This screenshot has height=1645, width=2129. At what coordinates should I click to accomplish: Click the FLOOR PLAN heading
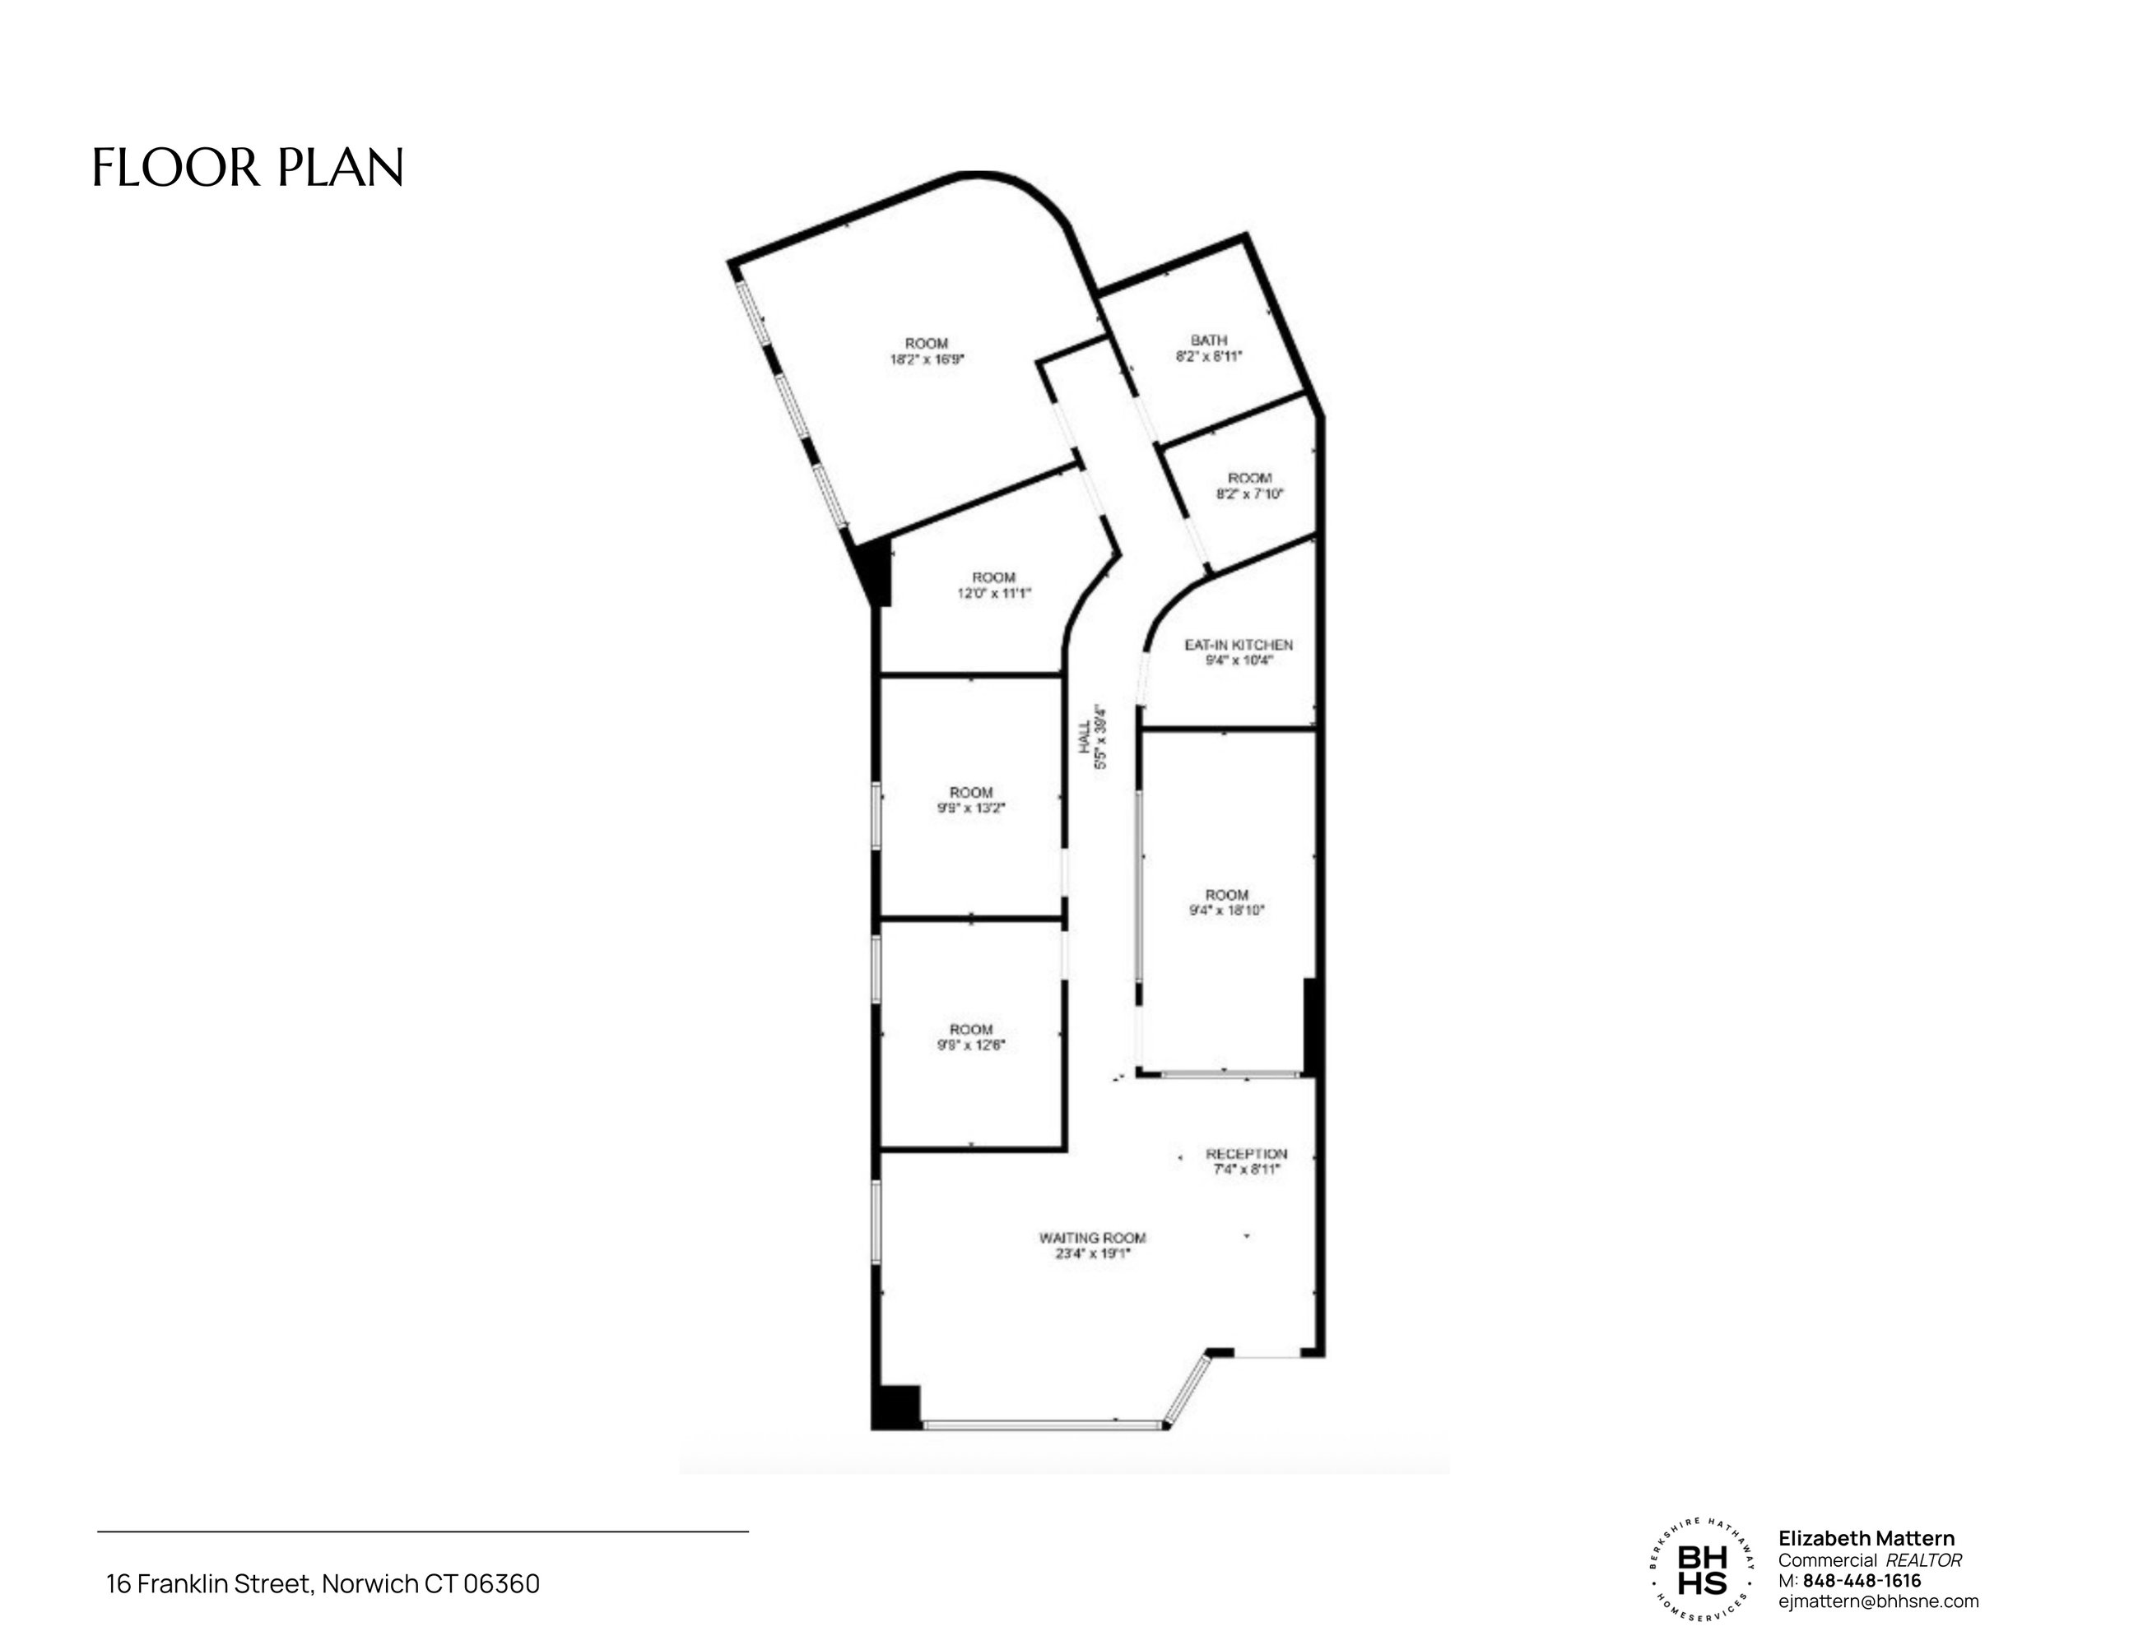pos(248,168)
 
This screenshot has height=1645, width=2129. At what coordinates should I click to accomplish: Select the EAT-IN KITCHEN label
pos(1238,645)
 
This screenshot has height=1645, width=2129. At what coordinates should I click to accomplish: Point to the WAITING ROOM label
pos(1092,1238)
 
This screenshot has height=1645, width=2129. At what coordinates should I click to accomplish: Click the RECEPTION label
pos(1247,1154)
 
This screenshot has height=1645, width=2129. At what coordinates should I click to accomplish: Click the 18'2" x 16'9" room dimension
pos(926,359)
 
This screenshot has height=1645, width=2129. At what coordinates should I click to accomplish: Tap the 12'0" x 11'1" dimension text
pos(993,592)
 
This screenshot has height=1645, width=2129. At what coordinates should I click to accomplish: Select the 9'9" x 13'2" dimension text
pos(971,808)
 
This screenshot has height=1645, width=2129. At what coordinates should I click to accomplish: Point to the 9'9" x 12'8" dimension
pos(971,1045)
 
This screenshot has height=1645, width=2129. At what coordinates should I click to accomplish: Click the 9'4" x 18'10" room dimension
pos(1226,911)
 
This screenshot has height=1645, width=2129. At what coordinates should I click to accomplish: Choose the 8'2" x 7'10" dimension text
pos(1250,493)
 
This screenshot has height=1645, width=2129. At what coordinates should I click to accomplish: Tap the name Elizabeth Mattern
pos(1866,1539)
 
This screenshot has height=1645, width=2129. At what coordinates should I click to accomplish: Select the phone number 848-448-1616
pos(1862,1581)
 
